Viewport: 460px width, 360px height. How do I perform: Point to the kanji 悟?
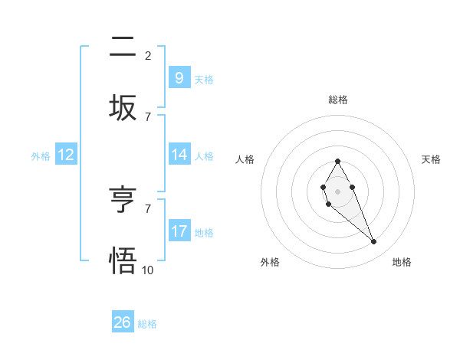pyautogui.click(x=123, y=260)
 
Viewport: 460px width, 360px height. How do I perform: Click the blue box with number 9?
pyautogui.click(x=179, y=77)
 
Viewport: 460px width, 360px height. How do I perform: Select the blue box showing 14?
pyautogui.click(x=179, y=155)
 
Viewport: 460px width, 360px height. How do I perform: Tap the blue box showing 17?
pyautogui.click(x=179, y=231)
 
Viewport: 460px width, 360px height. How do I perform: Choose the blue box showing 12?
pyautogui.click(x=65, y=155)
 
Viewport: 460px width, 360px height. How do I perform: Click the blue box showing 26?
pyautogui.click(x=122, y=322)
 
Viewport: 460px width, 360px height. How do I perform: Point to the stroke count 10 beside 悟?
pyautogui.click(x=148, y=269)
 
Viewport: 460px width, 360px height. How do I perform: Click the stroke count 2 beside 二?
pyautogui.click(x=148, y=55)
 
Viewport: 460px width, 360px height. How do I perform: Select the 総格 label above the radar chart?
pyautogui.click(x=337, y=100)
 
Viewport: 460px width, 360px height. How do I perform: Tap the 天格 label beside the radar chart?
pyautogui.click(x=432, y=159)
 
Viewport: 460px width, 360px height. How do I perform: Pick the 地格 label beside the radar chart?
pyautogui.click(x=402, y=262)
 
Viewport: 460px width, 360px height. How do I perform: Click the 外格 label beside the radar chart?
pyautogui.click(x=270, y=262)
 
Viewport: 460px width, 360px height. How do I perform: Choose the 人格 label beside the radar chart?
pyautogui.click(x=245, y=159)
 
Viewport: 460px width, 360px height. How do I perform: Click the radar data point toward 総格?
pyautogui.click(x=337, y=161)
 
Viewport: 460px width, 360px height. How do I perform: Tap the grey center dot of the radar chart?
pyautogui.click(x=337, y=191)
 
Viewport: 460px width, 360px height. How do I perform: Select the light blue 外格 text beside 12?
pyautogui.click(x=41, y=155)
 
